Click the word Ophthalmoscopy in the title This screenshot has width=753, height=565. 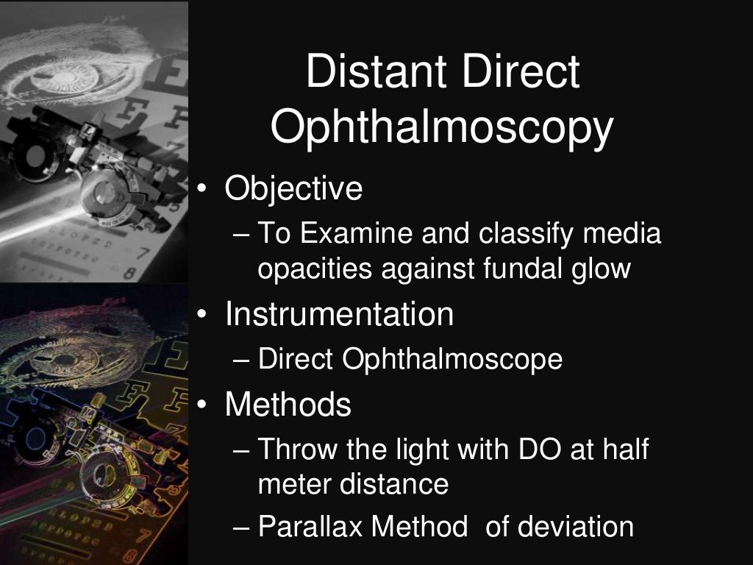[441, 129]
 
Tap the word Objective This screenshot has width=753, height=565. [293, 189]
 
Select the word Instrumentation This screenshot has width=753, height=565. [339, 314]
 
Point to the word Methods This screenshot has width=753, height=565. [288, 404]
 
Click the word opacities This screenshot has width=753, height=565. [314, 269]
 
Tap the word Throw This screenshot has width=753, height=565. [294, 449]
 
